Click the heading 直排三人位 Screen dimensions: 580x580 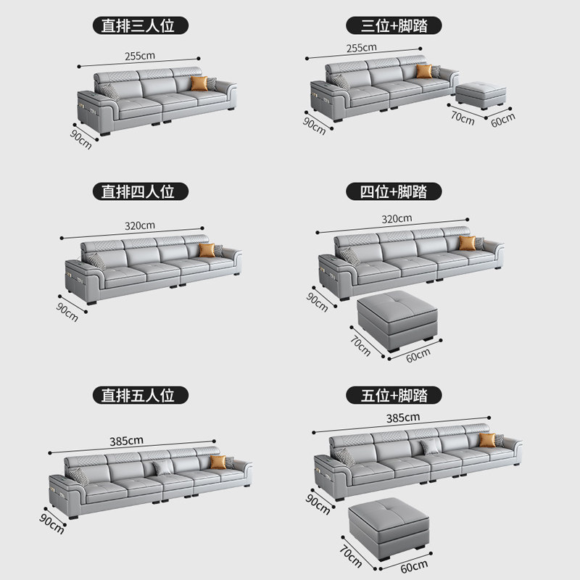(140, 26)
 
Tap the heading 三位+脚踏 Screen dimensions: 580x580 (392, 26)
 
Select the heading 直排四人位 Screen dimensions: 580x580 (140, 191)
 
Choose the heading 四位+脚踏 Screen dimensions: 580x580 (392, 191)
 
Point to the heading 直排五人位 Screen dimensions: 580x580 (140, 395)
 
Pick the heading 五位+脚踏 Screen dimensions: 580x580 (392, 395)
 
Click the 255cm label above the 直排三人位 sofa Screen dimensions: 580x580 (140, 55)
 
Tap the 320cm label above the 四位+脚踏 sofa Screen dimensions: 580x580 (397, 218)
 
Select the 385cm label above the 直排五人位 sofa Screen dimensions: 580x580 (128, 440)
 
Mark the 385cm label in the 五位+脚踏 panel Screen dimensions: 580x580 (403, 418)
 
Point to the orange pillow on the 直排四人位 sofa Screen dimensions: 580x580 (208, 250)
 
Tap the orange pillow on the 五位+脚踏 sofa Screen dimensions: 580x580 (486, 440)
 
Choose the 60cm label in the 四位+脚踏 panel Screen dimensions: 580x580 (418, 355)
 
